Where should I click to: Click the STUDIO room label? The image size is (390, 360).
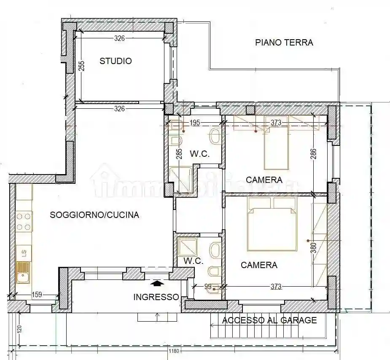click(116, 61)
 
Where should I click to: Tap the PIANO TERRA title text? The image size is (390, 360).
click(284, 43)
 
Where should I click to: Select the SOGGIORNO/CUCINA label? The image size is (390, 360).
click(94, 215)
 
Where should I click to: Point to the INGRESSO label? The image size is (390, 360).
click(156, 297)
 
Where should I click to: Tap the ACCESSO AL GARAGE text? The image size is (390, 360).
click(269, 320)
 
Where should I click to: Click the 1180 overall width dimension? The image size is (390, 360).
click(174, 351)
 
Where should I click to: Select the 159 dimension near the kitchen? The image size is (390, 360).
click(37, 295)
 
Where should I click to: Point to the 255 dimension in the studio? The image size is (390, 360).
click(82, 66)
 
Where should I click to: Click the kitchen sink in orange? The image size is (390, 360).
click(24, 272)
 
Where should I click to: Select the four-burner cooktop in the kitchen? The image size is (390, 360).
click(24, 222)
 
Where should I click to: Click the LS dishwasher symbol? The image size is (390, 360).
click(24, 253)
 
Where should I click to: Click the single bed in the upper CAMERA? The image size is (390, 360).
click(276, 148)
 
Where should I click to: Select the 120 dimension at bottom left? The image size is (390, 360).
click(19, 329)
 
